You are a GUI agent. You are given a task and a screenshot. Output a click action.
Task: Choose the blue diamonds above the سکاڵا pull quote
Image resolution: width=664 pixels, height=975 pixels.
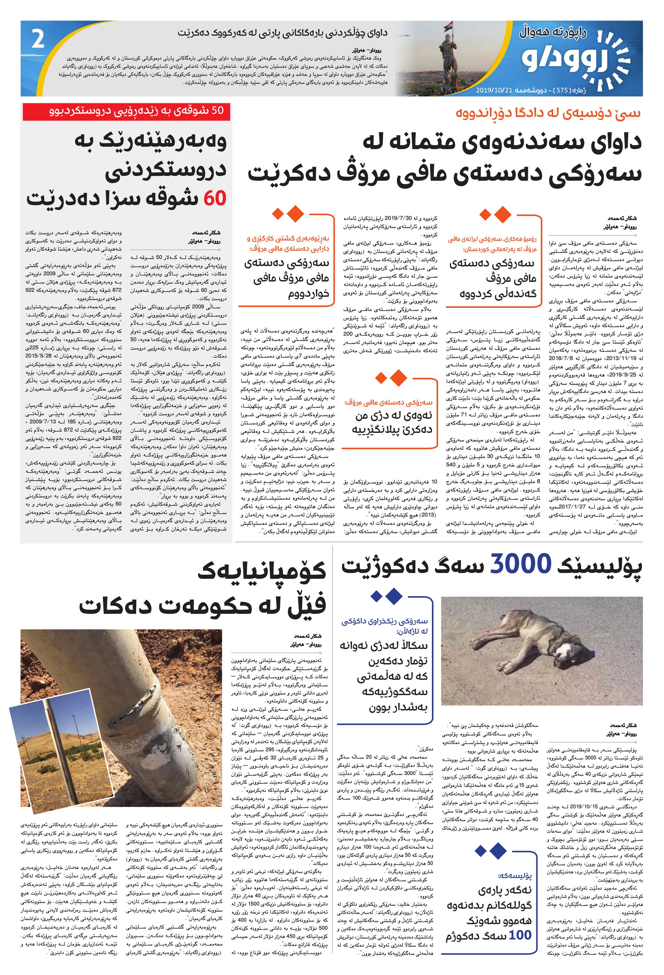tap(386, 596)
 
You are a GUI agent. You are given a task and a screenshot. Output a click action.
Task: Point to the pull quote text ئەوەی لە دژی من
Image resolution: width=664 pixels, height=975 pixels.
tap(393, 424)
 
